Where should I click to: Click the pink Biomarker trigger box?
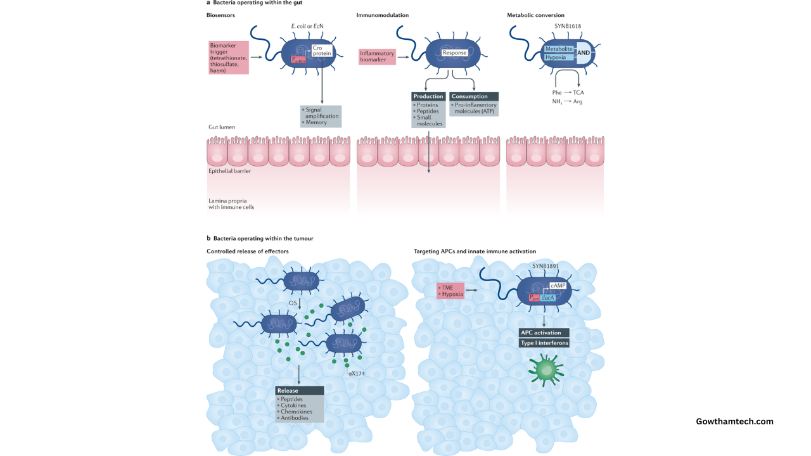[229, 58]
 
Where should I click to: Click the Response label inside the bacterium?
[454, 53]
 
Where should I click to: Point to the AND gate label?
[584, 53]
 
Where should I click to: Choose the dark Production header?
[429, 96]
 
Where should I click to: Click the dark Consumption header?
[474, 96]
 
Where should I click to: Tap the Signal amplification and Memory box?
[321, 116]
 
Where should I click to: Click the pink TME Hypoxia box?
[450, 291]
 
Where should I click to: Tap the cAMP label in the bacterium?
[558, 286]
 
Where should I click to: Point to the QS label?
[293, 303]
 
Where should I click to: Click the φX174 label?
[356, 374]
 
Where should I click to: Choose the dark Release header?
[300, 391]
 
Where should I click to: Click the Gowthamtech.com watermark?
[734, 421]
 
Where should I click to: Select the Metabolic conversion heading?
[535, 15]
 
